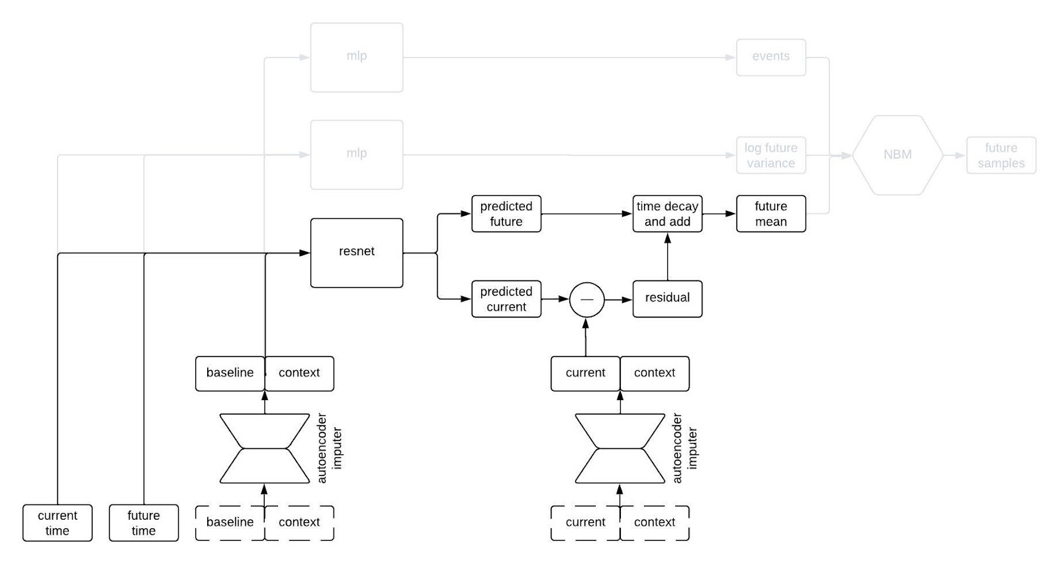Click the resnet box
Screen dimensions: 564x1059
(x=356, y=253)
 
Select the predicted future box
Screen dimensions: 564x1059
(x=506, y=214)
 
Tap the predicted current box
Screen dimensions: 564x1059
(x=506, y=299)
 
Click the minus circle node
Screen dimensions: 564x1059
(x=586, y=300)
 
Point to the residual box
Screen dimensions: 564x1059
(x=667, y=298)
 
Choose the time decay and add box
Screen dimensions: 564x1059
(x=667, y=214)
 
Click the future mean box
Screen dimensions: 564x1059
(x=770, y=214)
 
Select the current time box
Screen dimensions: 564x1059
(x=57, y=523)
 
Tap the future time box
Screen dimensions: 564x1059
(x=144, y=523)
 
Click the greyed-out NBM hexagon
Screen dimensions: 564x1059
(x=897, y=155)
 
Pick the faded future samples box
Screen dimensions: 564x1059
(x=1001, y=155)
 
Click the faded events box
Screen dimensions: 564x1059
(x=770, y=57)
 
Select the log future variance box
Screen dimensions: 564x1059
(x=770, y=155)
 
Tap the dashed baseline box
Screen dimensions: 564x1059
(x=230, y=522)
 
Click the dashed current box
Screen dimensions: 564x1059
(x=585, y=522)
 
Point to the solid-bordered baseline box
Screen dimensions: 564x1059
(x=230, y=373)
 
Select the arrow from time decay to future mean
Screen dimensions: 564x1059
(x=719, y=214)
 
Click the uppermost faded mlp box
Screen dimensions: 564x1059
(x=356, y=57)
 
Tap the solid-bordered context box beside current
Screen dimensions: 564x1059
(x=655, y=373)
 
